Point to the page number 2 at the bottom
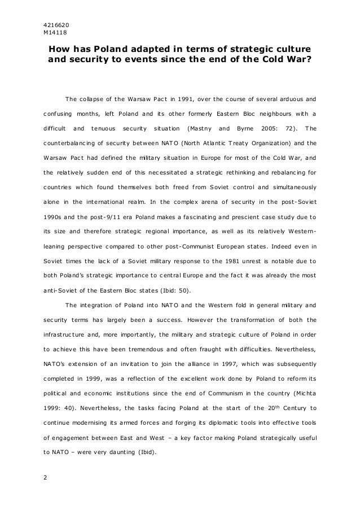46,480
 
